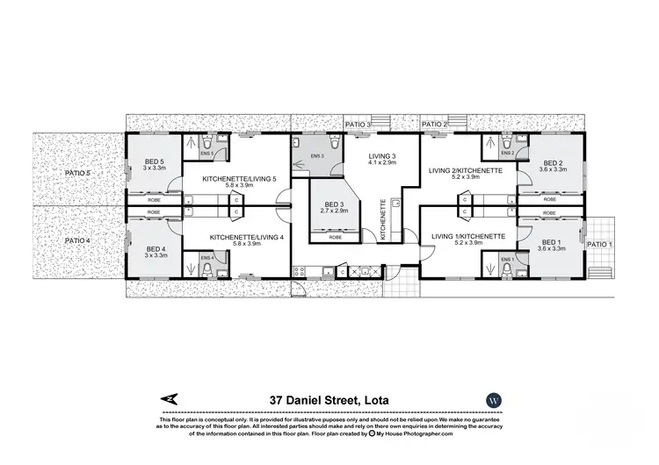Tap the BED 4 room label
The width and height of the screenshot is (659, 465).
coord(143,248)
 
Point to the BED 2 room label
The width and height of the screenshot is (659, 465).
coord(554,163)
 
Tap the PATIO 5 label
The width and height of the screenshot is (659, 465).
coord(77,174)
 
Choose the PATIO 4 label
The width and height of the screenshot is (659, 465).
coord(77,240)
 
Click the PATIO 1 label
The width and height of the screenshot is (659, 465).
coord(599,244)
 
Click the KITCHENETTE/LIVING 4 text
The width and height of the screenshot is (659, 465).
coord(247,237)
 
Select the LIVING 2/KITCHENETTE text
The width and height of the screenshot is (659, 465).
coord(465,171)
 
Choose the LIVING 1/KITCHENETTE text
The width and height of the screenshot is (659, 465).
coord(467,236)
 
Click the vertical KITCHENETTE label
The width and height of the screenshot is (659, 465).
coord(382,218)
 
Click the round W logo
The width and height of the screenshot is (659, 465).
coord(493,399)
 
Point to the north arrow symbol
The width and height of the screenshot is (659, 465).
coord(170,399)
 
